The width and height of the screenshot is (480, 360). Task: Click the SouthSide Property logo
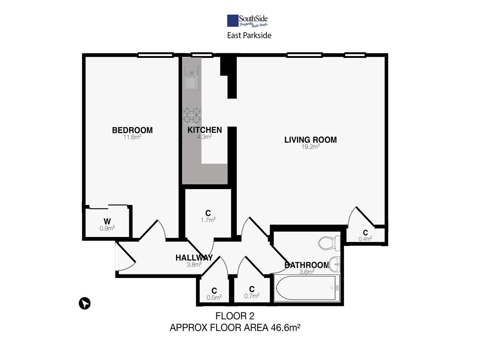pyautogui.click(x=247, y=21)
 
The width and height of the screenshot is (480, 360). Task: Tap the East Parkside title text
pyautogui.click(x=249, y=36)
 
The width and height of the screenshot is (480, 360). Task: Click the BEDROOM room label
pyautogui.click(x=132, y=130)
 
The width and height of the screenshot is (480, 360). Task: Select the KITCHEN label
pyautogui.click(x=205, y=130)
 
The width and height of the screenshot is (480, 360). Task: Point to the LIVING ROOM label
pyautogui.click(x=310, y=140)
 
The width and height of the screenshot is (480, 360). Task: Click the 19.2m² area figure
pyautogui.click(x=310, y=147)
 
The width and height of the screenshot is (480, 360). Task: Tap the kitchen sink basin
pyautogui.click(x=191, y=71)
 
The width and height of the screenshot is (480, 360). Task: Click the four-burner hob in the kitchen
pyautogui.click(x=192, y=116)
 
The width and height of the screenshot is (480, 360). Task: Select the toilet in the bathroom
pyautogui.click(x=329, y=244)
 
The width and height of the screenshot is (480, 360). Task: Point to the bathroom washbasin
pyautogui.click(x=334, y=264)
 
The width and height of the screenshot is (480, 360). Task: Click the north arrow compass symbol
pyautogui.click(x=85, y=304)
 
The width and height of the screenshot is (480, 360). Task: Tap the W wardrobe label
pyautogui.click(x=107, y=222)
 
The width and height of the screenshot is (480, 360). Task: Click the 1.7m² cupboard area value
pyautogui.click(x=208, y=220)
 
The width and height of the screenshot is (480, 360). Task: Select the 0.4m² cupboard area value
pyautogui.click(x=365, y=239)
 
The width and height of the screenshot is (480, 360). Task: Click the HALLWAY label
pyautogui.click(x=194, y=258)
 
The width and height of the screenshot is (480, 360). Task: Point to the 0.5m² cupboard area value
pyautogui.click(x=214, y=297)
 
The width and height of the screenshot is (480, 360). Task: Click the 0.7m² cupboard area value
pyautogui.click(x=252, y=296)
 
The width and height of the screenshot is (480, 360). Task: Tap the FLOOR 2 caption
pyautogui.click(x=235, y=316)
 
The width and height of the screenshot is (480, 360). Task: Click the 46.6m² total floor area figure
pyautogui.click(x=285, y=328)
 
